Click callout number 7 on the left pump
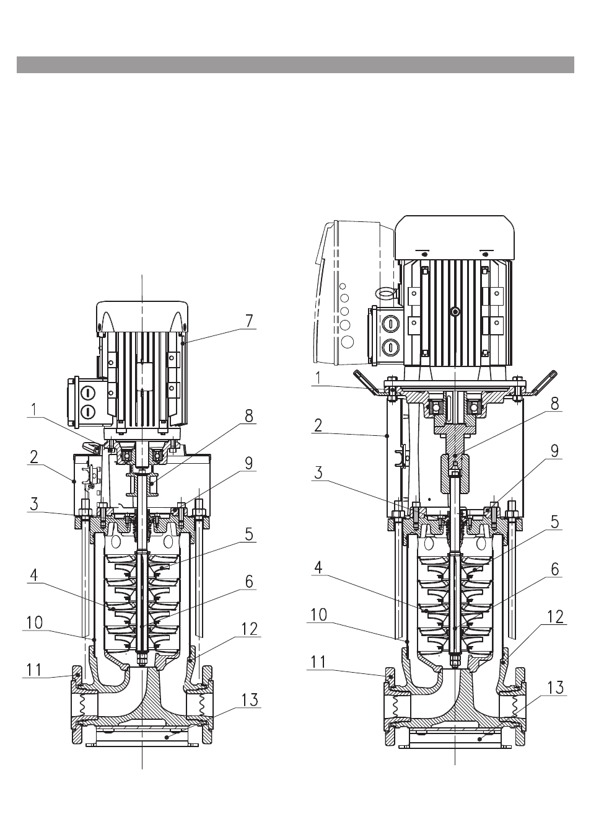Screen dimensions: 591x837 pyautogui.click(x=249, y=321)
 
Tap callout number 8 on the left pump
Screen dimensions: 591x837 pyautogui.click(x=249, y=416)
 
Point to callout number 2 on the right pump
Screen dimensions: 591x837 pyautogui.click(x=318, y=425)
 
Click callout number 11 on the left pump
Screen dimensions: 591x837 pyautogui.click(x=33, y=670)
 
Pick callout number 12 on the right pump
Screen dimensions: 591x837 pyautogui.click(x=555, y=617)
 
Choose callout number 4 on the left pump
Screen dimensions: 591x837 pyautogui.click(x=33, y=575)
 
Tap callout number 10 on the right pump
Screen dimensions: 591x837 pyautogui.click(x=318, y=614)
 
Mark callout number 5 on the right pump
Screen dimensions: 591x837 pyautogui.click(x=555, y=522)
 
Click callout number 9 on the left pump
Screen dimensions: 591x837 pyautogui.click(x=249, y=463)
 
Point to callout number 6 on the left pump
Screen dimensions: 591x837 pyautogui.click(x=249, y=582)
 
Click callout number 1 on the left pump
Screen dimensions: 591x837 pyautogui.click(x=34, y=410)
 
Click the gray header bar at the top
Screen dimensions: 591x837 pyautogui.click(x=295, y=64)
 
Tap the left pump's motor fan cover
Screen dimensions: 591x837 pyautogui.click(x=142, y=316)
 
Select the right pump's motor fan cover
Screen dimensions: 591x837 pyautogui.click(x=455, y=237)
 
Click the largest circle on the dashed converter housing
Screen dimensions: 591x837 pyautogui.click(x=348, y=342)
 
